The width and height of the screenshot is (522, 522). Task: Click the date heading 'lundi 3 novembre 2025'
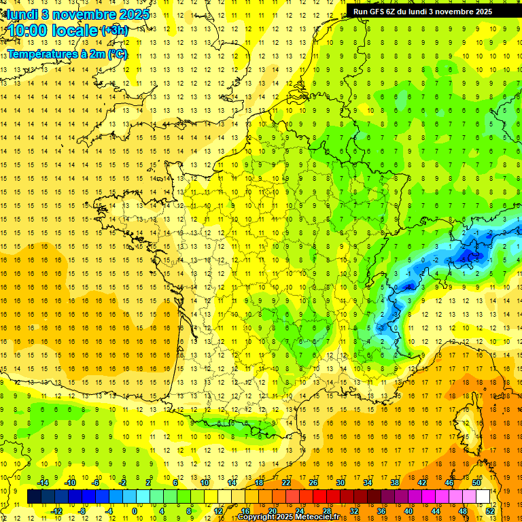tap(79, 14)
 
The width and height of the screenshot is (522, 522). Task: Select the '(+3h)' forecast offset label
tap(114, 31)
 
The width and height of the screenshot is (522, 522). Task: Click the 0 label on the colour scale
tap(135, 511)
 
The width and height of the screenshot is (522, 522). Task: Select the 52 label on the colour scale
tap(490, 511)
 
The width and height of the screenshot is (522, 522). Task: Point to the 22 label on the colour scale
tap(286, 483)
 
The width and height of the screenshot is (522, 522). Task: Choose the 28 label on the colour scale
tap(327, 511)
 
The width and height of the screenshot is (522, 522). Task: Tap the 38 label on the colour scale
tap(395, 483)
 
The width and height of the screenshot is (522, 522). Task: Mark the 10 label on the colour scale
tap(205, 483)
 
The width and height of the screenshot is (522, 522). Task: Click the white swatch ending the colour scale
tap(483, 497)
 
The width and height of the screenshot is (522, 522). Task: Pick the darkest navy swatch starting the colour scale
tap(34, 497)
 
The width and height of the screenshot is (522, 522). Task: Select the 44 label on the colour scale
tap(436, 511)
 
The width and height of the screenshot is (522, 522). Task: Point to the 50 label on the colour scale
tap(476, 483)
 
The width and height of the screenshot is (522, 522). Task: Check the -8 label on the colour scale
tap(82, 511)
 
